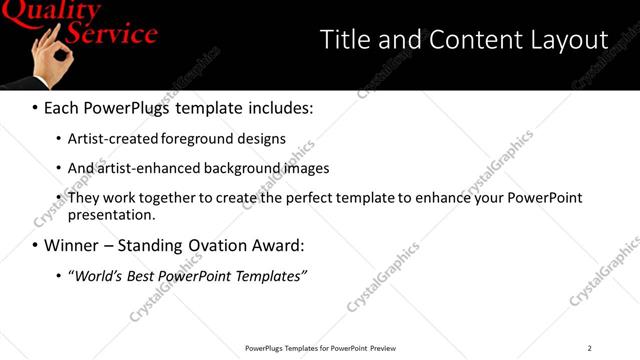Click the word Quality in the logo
click(50, 12)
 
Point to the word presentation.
click(111, 214)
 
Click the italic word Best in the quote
click(139, 276)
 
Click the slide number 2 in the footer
click(589, 348)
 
